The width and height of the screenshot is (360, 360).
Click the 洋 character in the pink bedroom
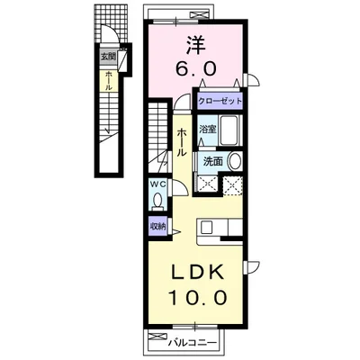pyautogui.click(x=197, y=44)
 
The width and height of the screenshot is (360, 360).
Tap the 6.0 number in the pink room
pyautogui.click(x=196, y=69)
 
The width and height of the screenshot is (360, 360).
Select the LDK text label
pyautogui.click(x=198, y=273)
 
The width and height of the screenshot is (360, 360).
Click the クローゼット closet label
pyautogui.click(x=220, y=101)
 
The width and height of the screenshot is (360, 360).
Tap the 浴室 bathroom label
pyautogui.click(x=208, y=130)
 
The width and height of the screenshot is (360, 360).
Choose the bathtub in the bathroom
pyautogui.click(x=229, y=130)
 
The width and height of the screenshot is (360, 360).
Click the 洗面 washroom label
pyautogui.click(x=213, y=162)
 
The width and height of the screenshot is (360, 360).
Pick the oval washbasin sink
pyautogui.click(x=235, y=162)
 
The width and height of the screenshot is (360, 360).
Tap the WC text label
pyautogui.click(x=157, y=184)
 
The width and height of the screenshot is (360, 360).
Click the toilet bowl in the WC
pyautogui.click(x=157, y=200)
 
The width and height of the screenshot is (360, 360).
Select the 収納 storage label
pyautogui.click(x=157, y=227)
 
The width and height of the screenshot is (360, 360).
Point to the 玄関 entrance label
pyautogui.click(x=108, y=57)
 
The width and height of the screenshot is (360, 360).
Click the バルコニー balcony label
pyautogui.click(x=192, y=342)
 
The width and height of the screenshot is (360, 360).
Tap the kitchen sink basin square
pyautogui.click(x=207, y=227)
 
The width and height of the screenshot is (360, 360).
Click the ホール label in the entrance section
pyautogui.click(x=109, y=81)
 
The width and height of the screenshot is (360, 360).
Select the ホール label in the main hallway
pyautogui.click(x=181, y=142)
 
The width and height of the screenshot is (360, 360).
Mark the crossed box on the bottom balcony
pyautogui.click(x=157, y=336)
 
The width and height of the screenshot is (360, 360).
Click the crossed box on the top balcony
pyautogui.click(x=199, y=15)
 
